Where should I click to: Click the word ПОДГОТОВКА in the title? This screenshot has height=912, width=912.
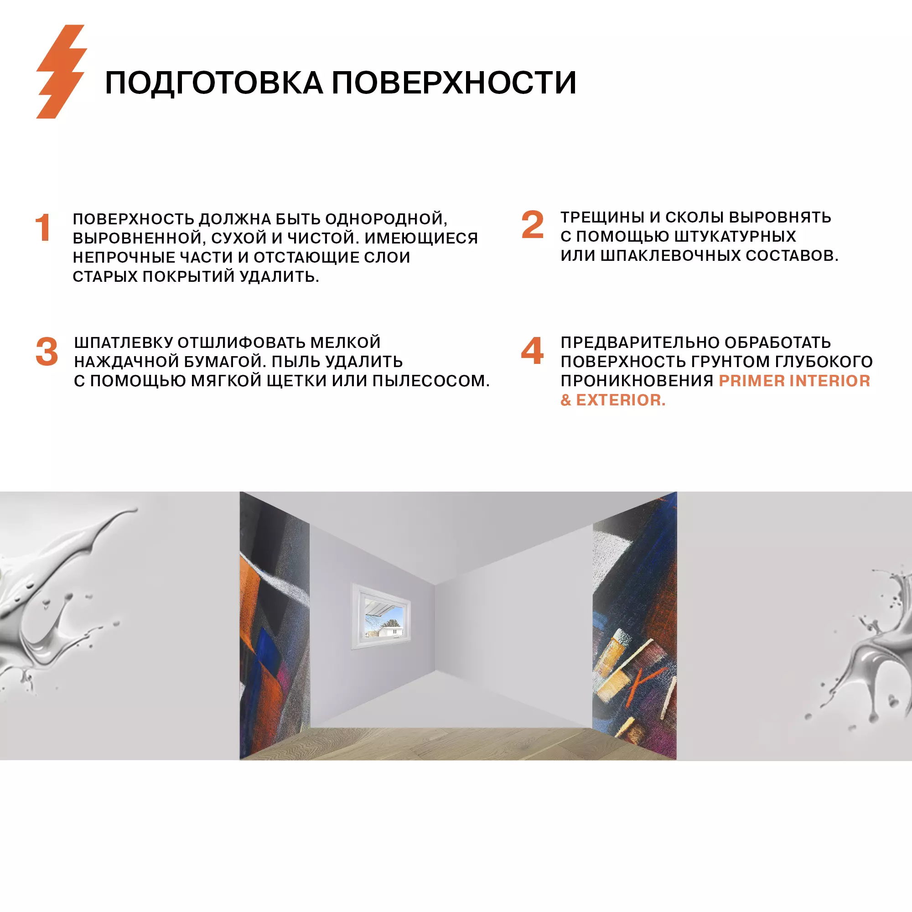point(213,83)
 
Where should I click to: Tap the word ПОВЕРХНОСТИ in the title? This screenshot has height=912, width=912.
point(454,83)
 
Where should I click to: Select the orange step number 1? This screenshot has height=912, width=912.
point(43,228)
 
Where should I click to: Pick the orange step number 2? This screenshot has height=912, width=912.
point(533,225)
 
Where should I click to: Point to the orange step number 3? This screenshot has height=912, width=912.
point(47,352)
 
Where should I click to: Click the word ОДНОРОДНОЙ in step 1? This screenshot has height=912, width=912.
point(386,219)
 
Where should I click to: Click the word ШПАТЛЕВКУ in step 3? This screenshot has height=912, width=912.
point(123,342)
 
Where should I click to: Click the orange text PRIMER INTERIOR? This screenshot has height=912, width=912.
point(794,380)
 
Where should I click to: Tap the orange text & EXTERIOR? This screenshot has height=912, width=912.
point(613,400)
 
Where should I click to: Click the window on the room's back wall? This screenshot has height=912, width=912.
point(381,616)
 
